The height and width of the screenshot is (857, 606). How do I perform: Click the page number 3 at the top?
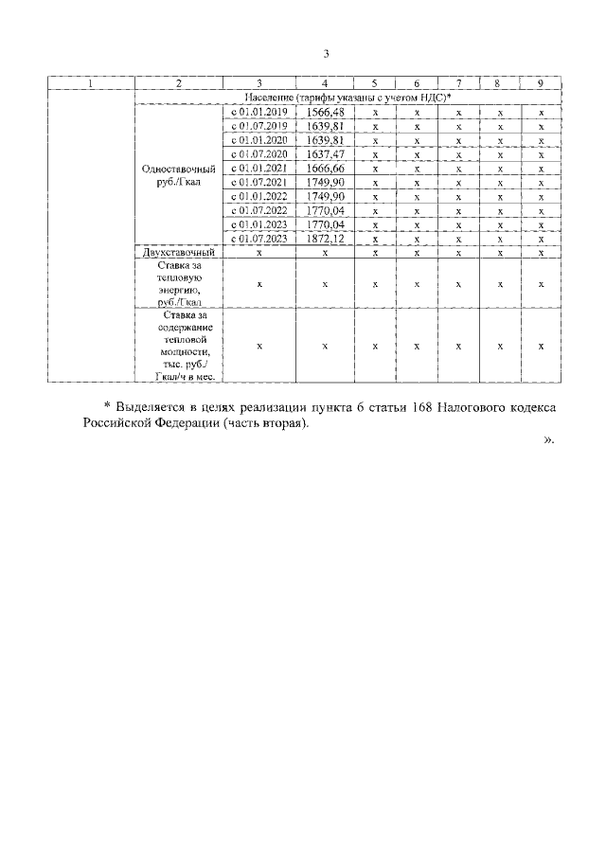[x=326, y=54]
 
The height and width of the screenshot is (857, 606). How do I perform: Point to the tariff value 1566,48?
[x=325, y=112]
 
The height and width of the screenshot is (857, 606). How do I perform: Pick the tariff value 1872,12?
[x=325, y=240]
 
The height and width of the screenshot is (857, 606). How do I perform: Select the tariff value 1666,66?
[x=325, y=169]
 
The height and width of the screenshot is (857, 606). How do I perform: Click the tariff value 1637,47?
[x=325, y=154]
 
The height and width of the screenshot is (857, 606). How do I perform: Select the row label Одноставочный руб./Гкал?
[x=179, y=175]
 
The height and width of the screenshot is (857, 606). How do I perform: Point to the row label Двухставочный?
[x=179, y=254]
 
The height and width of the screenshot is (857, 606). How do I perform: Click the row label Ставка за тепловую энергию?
[x=179, y=283]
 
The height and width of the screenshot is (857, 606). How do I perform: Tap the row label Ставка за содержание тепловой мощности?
[x=179, y=346]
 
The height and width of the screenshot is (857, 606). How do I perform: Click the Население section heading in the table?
[x=347, y=98]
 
